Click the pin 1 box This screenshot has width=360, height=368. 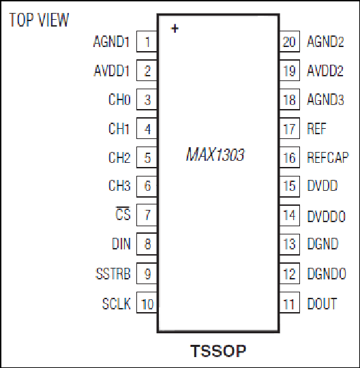(147, 42)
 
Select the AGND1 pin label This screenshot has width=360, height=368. (111, 42)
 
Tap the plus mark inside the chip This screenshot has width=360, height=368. (175, 29)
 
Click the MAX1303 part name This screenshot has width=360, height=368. (215, 155)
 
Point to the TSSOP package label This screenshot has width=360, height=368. (218, 351)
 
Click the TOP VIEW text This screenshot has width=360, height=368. (39, 20)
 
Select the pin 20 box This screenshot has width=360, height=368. (290, 42)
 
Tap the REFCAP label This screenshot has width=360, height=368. (328, 157)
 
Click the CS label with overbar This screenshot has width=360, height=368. (123, 213)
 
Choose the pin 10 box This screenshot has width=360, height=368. (147, 303)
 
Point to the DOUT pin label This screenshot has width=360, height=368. (322, 303)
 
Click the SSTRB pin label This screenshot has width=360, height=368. (113, 273)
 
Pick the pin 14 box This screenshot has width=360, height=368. (290, 215)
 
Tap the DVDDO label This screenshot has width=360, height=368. (327, 216)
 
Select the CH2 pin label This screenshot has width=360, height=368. (119, 157)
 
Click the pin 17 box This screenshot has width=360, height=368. (290, 128)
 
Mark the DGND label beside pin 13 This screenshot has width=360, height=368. (322, 243)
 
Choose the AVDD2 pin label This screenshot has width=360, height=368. (325, 70)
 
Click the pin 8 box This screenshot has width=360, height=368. (147, 244)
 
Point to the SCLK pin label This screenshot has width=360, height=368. (116, 303)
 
